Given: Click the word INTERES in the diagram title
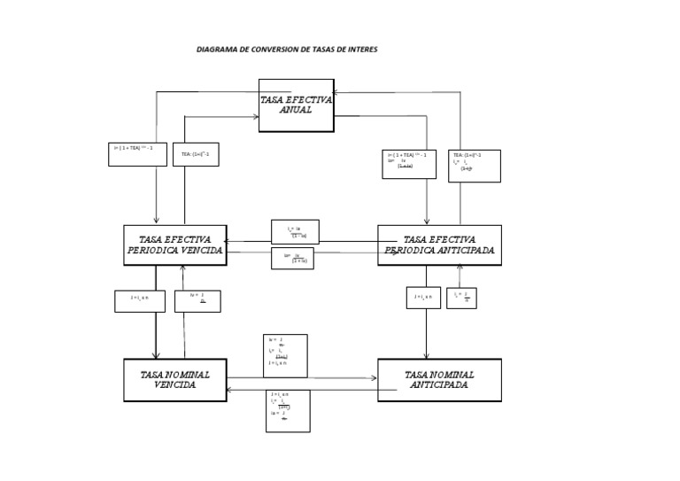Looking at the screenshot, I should (x=361, y=50).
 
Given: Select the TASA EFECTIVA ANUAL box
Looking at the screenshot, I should (x=296, y=105).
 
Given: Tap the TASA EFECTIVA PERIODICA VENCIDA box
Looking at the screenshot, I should (x=174, y=245).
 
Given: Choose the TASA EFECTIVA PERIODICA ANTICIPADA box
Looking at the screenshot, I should (x=439, y=245).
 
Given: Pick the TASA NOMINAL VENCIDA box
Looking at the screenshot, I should (x=174, y=380).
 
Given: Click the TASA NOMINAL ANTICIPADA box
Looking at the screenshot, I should (x=439, y=380).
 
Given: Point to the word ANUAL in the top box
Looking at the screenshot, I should (x=296, y=111).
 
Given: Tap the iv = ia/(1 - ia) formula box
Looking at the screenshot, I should (x=296, y=232).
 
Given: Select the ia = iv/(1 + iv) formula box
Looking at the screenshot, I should (x=296, y=259).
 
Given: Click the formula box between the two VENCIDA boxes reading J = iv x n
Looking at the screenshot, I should (x=140, y=301).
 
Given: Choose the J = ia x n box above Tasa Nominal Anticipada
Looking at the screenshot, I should (x=422, y=298).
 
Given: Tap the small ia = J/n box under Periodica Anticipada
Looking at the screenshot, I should (x=462, y=298).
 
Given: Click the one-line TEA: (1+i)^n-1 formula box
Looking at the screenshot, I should (x=196, y=156).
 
